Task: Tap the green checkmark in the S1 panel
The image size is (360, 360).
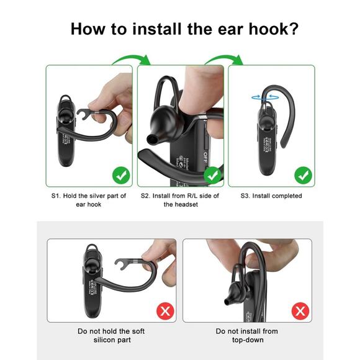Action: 121,175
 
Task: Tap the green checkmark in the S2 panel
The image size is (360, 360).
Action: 212,175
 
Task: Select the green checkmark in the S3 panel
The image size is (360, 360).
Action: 303,175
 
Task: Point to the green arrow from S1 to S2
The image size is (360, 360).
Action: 132,60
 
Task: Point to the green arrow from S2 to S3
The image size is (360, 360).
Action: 224,60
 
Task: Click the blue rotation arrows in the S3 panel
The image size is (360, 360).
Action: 262,97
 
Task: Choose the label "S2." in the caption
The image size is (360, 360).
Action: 146,196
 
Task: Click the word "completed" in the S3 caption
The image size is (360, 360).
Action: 284,196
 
